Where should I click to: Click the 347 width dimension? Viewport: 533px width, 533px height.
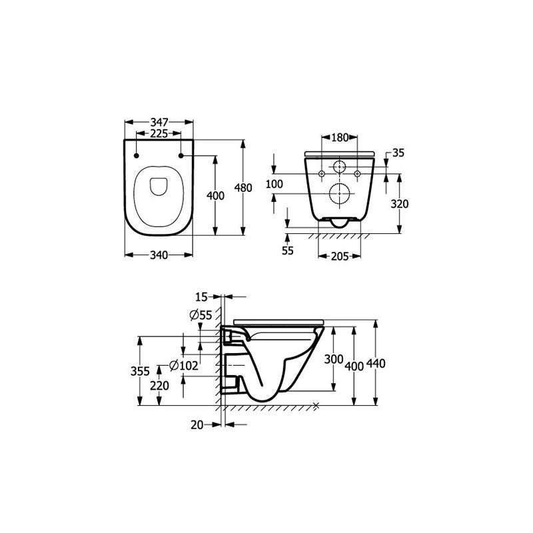pos(159,122)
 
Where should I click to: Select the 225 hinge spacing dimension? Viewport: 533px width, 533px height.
pos(159,133)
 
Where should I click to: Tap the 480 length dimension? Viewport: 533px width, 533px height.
pos(245,189)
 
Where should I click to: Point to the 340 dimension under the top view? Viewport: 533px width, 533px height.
pos(159,254)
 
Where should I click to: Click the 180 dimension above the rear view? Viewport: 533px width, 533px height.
pos(340,137)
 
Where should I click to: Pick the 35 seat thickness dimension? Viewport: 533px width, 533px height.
pos(398,153)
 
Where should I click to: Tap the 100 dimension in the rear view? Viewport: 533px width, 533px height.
pos(274,183)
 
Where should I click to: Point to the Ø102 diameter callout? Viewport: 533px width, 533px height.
pos(184,365)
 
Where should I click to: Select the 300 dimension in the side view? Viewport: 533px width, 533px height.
pos(333,359)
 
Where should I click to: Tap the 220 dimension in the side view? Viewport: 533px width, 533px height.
pos(160,385)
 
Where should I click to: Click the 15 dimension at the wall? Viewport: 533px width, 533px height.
pos(203,296)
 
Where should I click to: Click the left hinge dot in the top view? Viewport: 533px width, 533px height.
pos(137,156)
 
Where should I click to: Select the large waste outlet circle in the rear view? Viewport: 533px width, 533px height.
pos(340,193)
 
